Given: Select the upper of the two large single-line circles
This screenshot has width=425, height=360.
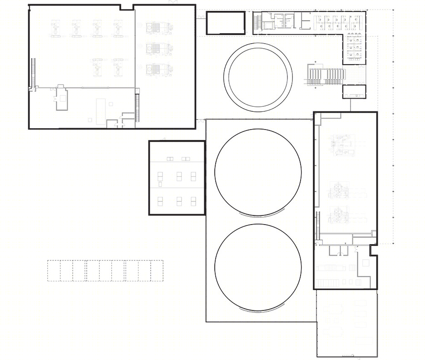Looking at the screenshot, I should point(257,172).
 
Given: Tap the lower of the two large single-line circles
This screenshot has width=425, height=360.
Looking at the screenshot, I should point(257,266).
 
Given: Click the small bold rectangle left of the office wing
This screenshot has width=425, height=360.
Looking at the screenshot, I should point(226,23).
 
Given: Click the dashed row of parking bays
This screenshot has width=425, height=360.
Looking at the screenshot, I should point(105,270).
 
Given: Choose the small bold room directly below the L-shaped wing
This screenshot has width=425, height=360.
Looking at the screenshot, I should point(354,91).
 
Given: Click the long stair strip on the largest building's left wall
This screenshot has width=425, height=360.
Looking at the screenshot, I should point(33,73).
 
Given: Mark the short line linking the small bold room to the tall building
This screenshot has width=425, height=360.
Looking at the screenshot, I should point(351,105).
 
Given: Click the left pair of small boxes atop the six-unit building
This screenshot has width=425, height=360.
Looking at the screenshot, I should point(170,159).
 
